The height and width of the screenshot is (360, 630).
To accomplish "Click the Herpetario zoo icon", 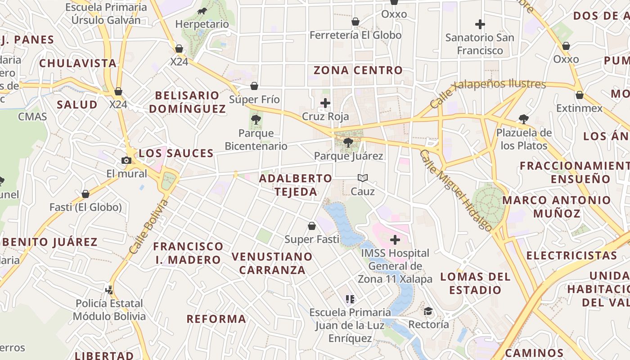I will (x=202, y=11).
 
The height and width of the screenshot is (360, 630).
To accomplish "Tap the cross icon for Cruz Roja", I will (x=325, y=103).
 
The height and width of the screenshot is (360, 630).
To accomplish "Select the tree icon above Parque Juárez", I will (x=348, y=143).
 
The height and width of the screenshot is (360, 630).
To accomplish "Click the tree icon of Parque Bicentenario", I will (x=256, y=120).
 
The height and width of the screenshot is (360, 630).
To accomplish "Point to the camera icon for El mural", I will (x=126, y=161).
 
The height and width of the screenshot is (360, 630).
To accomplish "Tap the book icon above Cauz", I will (x=363, y=178).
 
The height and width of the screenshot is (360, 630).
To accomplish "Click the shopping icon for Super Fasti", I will (x=312, y=226).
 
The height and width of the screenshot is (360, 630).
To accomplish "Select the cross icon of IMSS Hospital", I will (x=395, y=240).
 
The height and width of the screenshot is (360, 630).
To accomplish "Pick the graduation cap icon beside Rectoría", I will (x=428, y=311).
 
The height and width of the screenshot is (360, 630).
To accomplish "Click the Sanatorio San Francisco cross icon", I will (x=480, y=24).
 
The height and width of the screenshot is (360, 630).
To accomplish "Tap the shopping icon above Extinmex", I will (x=580, y=95).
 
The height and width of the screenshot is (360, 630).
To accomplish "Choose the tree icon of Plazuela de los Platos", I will (x=523, y=119).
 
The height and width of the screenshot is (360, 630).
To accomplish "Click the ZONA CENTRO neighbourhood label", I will (x=358, y=70).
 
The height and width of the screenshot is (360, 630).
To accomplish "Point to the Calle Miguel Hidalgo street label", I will (x=455, y=190).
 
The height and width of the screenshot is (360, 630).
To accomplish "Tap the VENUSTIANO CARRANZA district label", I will (x=272, y=263).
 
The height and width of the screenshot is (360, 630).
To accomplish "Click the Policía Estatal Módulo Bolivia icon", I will (x=109, y=290).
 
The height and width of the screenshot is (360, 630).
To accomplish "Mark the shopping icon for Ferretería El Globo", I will (x=355, y=22).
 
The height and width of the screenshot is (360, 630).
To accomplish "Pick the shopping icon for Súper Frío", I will (x=254, y=86).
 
